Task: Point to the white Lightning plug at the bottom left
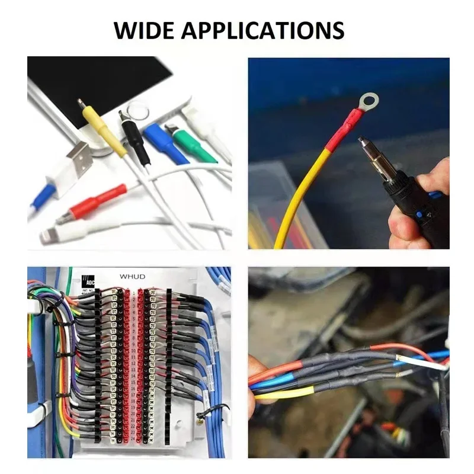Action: pos(56,233)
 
